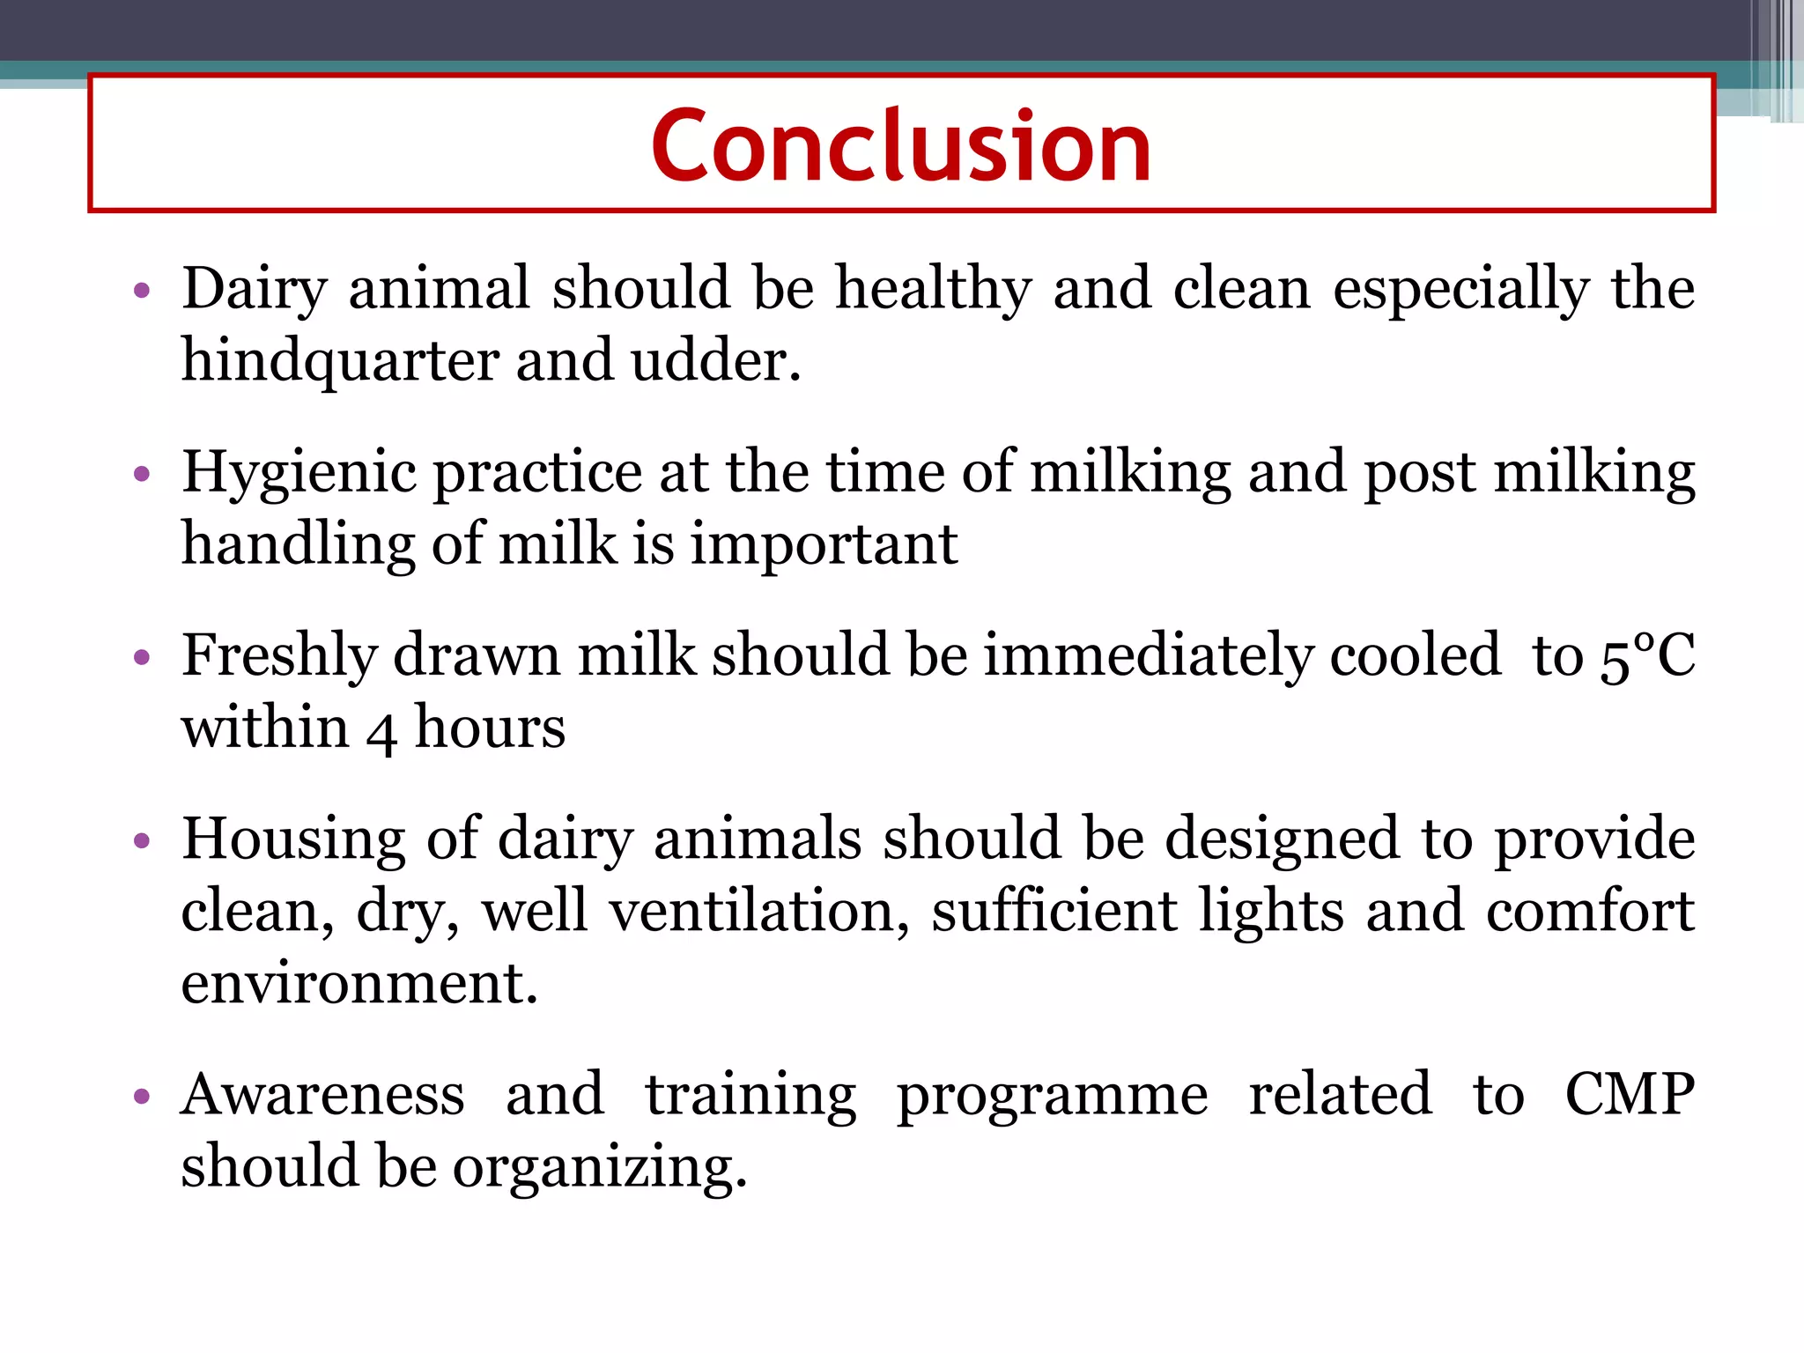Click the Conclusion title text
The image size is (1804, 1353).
point(901,145)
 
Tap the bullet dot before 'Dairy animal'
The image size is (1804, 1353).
point(142,291)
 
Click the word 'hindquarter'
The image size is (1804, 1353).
point(340,362)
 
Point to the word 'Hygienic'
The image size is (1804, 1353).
point(299,473)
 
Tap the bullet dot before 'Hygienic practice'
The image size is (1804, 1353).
point(142,475)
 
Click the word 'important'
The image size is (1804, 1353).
point(823,545)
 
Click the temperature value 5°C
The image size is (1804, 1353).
point(1645,656)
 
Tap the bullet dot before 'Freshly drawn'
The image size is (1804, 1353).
point(142,658)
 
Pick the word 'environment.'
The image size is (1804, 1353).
point(359,983)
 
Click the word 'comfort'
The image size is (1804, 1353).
point(1590,911)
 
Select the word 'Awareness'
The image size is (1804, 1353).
point(322,1095)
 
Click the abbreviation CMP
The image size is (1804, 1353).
point(1629,1095)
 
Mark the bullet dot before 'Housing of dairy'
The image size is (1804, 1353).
point(142,841)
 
